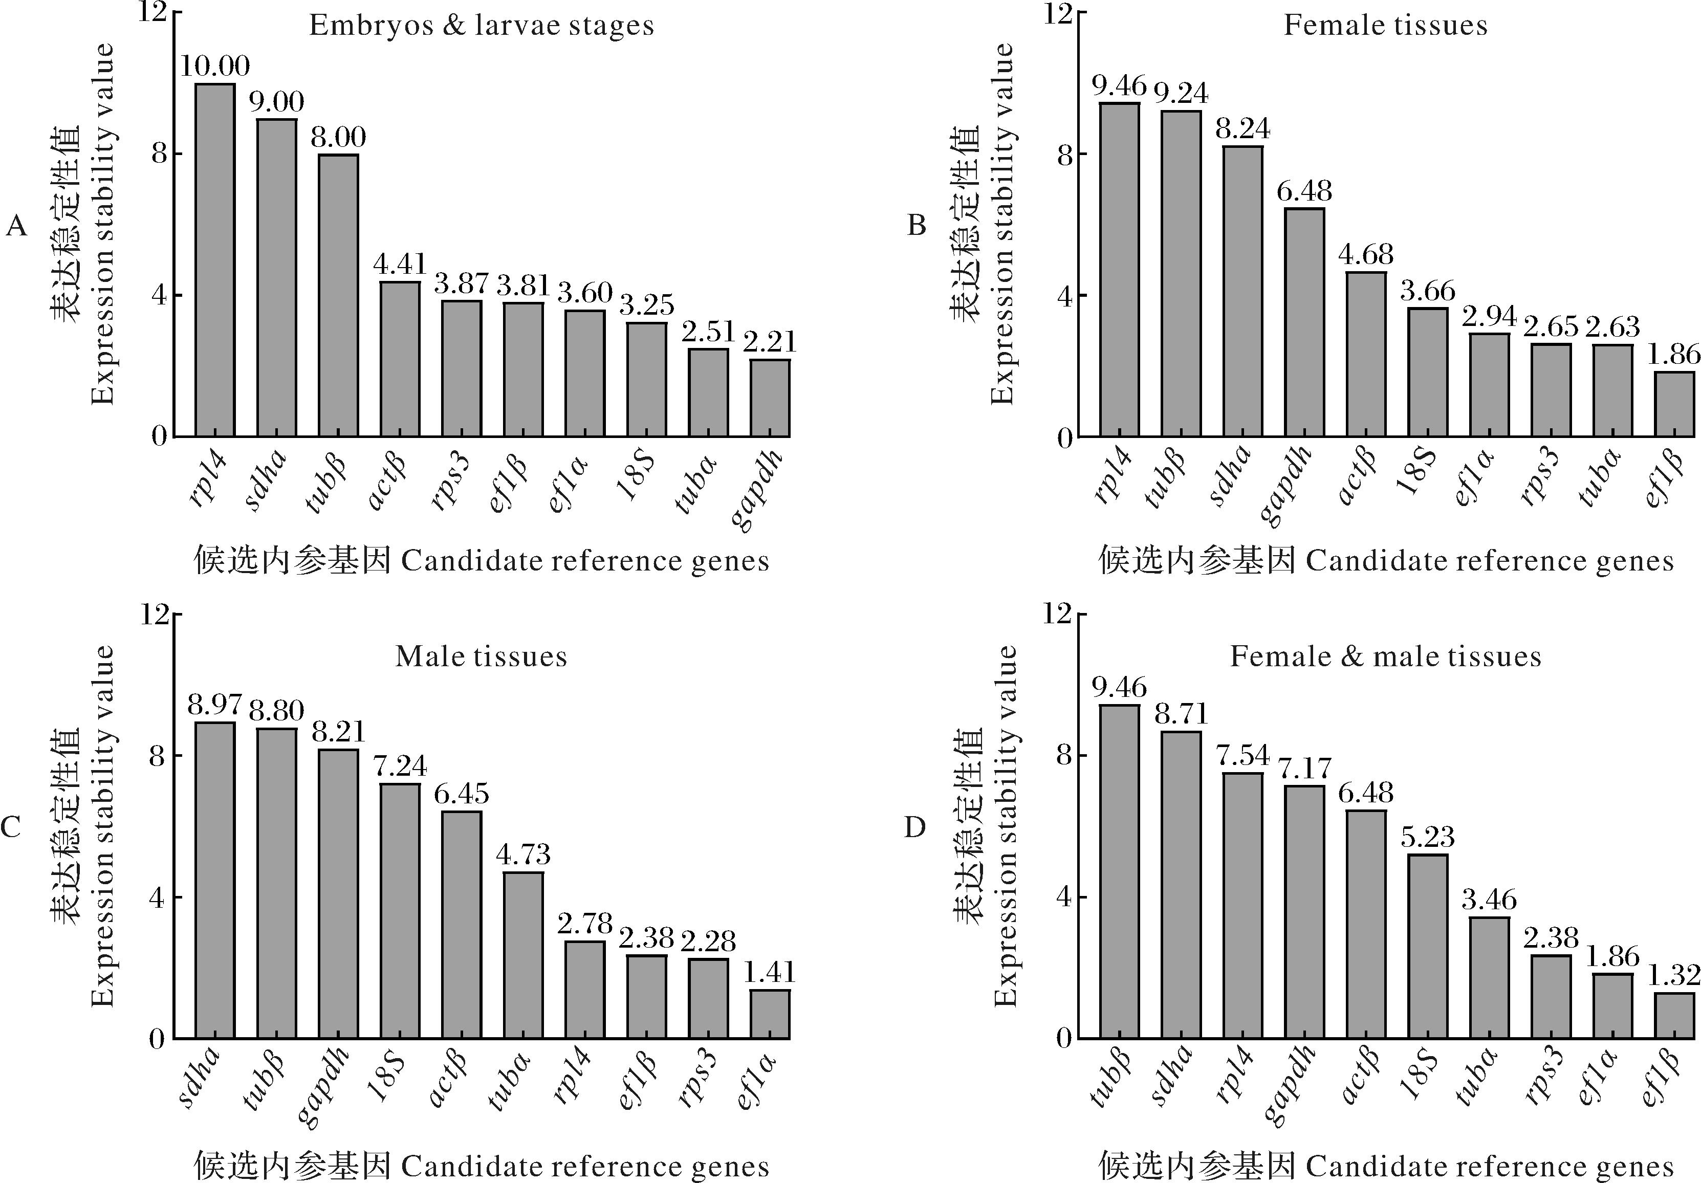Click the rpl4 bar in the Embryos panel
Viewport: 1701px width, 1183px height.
[215, 259]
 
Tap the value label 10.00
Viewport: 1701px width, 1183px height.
[215, 67]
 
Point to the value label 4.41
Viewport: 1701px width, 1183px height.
[400, 265]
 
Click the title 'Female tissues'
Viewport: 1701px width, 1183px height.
[1385, 26]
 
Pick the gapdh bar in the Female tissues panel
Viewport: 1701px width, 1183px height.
[1304, 322]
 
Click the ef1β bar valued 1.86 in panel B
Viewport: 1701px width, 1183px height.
[1674, 404]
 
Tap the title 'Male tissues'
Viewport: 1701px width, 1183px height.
[481, 656]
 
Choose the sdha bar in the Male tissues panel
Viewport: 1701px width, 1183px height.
[215, 880]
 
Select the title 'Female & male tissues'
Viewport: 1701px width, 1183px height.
[1385, 656]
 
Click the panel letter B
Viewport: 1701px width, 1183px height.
[917, 225]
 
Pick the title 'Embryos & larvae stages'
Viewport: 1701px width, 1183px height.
[482, 26]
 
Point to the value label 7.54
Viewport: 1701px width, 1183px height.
[1243, 756]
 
